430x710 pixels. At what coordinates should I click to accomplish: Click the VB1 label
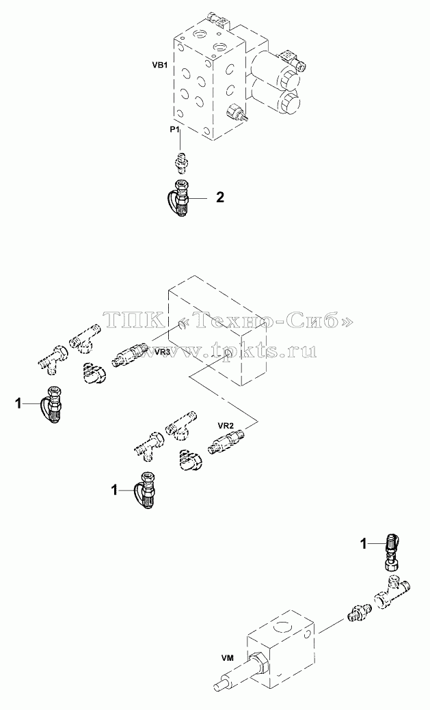tap(160, 65)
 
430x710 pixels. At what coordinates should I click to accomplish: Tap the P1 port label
tap(175, 130)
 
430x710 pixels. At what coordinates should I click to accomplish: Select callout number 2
tap(219, 197)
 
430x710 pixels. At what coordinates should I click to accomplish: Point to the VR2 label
tap(225, 426)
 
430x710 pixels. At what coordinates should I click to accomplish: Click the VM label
tap(228, 658)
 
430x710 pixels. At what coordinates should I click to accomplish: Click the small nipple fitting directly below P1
tap(181, 162)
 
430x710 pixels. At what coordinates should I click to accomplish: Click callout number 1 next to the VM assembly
tap(363, 544)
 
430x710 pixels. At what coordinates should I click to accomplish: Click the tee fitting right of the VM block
tap(392, 592)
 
